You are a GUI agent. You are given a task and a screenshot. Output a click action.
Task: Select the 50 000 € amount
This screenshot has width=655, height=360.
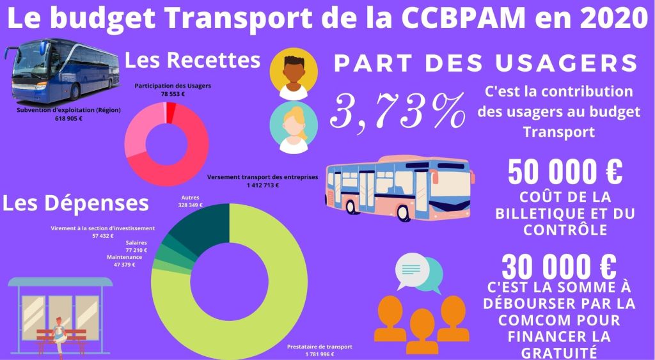565,172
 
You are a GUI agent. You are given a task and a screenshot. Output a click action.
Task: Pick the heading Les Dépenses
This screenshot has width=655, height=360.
75,203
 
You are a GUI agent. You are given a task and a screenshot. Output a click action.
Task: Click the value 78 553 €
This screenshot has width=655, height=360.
173,93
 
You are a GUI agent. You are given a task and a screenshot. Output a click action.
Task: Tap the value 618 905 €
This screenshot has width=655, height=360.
68,118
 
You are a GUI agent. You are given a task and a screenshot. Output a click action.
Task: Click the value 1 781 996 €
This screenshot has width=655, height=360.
310,354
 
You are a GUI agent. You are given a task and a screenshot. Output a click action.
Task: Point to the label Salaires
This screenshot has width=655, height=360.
136,243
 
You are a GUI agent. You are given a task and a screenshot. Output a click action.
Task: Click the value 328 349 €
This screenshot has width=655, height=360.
191,205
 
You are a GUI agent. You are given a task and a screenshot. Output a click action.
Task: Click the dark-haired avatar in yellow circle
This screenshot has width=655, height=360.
294,74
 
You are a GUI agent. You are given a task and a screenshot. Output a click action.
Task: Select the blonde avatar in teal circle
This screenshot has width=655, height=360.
294,127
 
